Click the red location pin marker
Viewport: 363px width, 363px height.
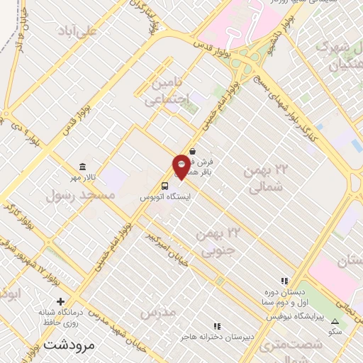(181, 167)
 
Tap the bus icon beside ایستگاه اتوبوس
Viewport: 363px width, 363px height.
(164, 186)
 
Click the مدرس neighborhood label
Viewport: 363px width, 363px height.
(157, 312)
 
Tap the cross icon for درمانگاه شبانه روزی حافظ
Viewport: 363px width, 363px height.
(60, 302)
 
